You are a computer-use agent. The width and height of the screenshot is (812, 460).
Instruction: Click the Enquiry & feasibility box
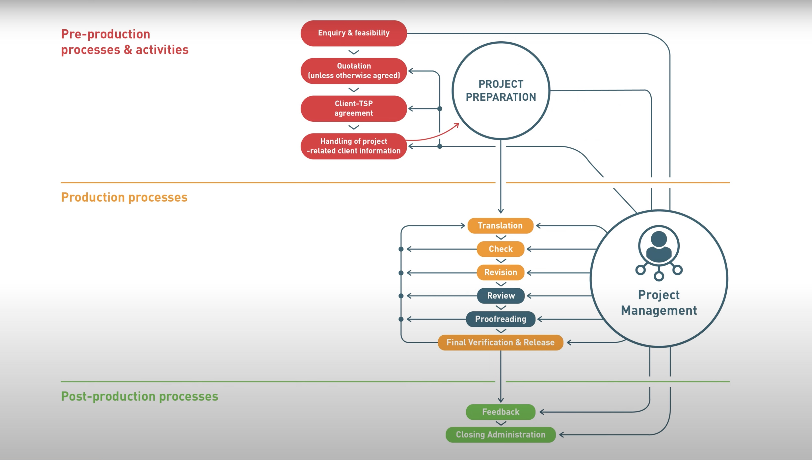click(354, 33)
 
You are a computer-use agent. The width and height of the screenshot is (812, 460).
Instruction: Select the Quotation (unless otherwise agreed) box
click(354, 71)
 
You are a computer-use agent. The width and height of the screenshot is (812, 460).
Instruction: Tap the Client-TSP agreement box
click(354, 108)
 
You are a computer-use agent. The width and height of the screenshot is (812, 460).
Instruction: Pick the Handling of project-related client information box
click(354, 146)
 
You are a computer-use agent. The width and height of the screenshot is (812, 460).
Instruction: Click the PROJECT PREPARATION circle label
click(501, 91)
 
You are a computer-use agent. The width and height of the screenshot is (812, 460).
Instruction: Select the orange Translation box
click(500, 226)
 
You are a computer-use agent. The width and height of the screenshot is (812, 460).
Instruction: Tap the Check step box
click(501, 249)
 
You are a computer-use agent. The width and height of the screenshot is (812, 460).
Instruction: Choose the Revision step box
click(501, 272)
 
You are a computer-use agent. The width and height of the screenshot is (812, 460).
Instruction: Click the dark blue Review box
click(501, 296)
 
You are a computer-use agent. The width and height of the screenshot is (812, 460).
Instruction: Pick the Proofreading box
click(501, 319)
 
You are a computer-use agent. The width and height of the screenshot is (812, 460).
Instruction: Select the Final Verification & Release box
click(500, 343)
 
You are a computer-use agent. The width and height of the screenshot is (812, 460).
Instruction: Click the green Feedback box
click(501, 412)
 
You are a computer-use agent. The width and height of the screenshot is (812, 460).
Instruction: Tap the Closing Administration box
click(501, 435)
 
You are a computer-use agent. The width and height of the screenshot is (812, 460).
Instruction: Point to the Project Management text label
click(659, 303)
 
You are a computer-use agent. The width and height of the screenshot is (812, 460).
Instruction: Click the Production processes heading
click(124, 197)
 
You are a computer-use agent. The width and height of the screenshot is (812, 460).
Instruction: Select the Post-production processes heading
click(139, 396)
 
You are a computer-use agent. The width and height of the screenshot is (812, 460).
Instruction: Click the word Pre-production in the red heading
click(106, 34)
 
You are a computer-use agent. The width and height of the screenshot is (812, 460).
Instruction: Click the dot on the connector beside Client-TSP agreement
click(439, 109)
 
